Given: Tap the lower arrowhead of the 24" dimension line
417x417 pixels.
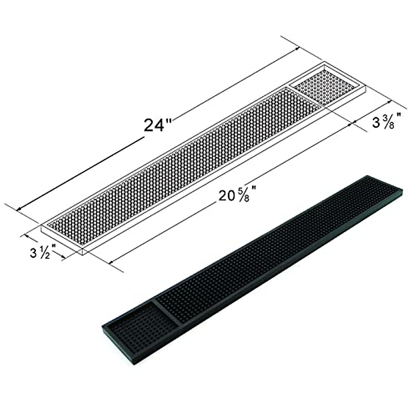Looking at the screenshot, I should (19, 209).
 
